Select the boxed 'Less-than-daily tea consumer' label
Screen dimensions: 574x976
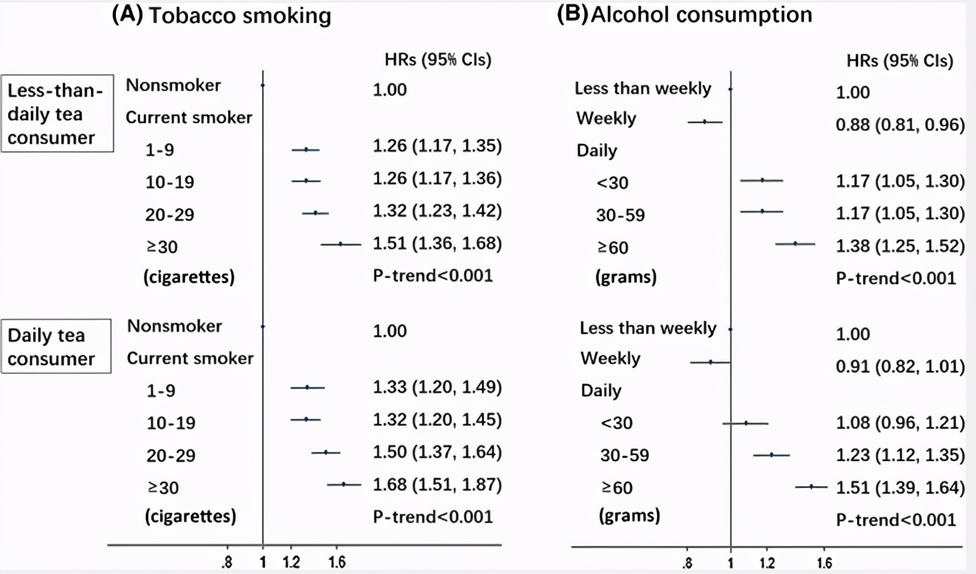point(56,114)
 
